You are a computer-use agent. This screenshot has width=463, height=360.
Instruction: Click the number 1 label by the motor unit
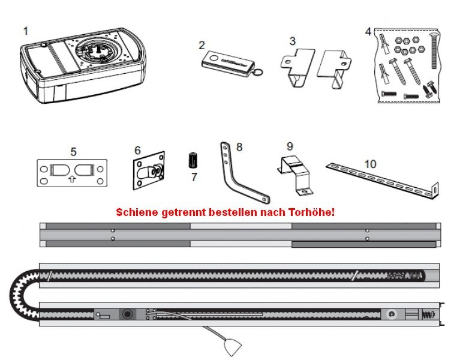[25, 29]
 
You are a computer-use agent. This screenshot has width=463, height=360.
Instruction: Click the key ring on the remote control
[258, 71]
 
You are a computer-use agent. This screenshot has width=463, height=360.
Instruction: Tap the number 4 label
[368, 31]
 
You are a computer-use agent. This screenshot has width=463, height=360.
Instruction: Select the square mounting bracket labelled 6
[148, 171]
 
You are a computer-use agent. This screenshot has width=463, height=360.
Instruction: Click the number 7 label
[194, 178]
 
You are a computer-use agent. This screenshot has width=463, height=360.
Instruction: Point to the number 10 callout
[370, 163]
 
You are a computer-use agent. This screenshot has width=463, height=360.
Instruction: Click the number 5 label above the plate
[73, 152]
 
